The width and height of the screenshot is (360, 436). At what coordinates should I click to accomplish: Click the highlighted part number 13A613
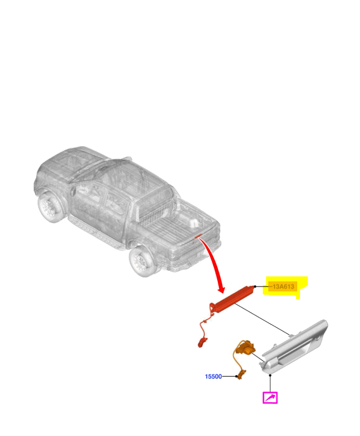[283, 286]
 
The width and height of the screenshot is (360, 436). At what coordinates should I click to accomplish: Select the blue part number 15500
[213, 376]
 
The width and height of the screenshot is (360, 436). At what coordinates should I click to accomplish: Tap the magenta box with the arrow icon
[270, 398]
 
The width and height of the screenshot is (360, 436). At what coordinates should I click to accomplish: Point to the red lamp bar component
[233, 299]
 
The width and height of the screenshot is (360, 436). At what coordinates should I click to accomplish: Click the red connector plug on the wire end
[202, 343]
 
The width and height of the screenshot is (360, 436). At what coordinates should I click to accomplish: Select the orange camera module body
[247, 348]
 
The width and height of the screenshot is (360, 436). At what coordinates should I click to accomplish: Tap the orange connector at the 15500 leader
[241, 374]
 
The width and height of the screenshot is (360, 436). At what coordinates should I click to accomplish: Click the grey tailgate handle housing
[294, 347]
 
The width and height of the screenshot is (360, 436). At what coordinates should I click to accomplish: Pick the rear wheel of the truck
[142, 261]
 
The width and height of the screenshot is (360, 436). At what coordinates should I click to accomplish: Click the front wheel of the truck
[49, 207]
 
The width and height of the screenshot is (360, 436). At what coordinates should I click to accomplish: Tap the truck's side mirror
[73, 191]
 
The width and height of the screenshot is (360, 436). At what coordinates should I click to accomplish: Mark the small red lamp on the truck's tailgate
[198, 236]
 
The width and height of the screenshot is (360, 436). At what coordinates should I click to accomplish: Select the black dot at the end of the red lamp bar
[255, 286]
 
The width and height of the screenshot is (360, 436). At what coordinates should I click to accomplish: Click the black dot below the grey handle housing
[270, 375]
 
